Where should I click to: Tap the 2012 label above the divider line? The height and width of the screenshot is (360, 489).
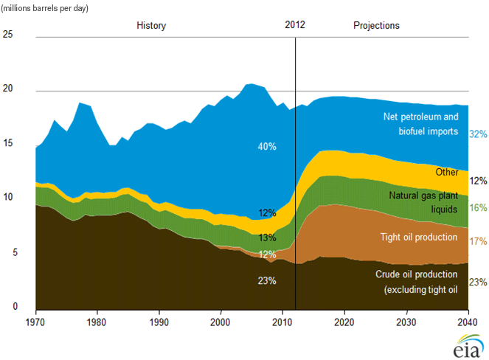[x=294, y=25]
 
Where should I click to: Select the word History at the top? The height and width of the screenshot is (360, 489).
[x=151, y=26]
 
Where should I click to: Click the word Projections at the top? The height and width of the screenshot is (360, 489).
[x=376, y=26]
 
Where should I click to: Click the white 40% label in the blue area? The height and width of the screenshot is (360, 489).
[x=266, y=147]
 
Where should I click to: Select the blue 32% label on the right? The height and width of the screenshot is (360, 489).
[x=479, y=134]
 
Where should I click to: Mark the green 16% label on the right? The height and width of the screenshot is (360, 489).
[x=479, y=208]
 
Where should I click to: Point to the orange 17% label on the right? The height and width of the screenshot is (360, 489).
[x=479, y=241]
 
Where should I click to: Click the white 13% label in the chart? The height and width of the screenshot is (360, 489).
[x=266, y=238]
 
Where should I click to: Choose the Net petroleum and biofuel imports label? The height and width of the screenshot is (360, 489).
[x=421, y=123]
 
